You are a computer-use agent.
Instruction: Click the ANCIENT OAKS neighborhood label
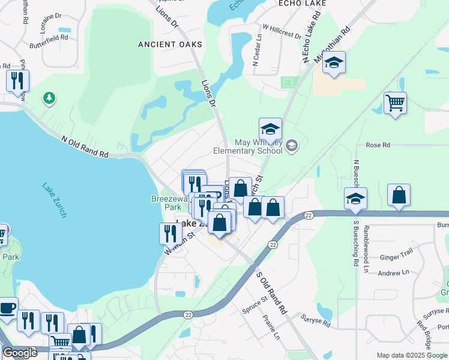point(166,44)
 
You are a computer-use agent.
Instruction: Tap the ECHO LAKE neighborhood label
point(302,4)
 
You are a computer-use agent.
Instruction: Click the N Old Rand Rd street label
point(85,146)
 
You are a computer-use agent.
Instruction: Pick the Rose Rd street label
point(378,145)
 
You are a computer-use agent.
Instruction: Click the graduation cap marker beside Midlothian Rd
point(334,62)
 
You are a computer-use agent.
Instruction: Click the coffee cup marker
point(7,308)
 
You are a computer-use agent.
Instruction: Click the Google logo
point(20,353)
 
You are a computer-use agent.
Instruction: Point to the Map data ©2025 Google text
point(411,355)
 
